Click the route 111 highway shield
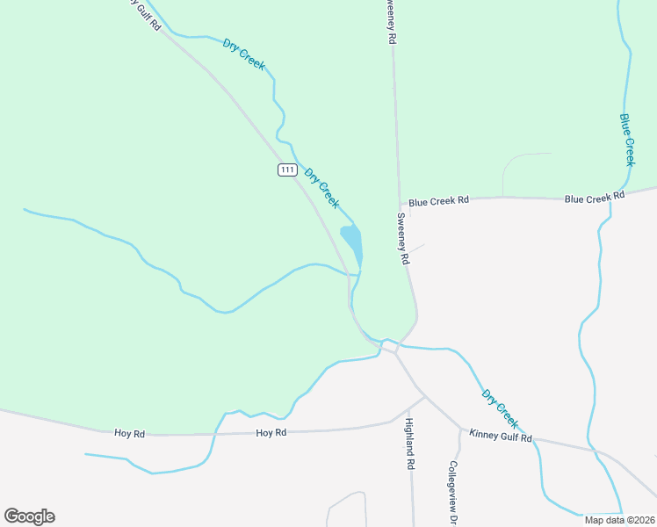point(287,170)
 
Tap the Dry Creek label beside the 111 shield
point(321,187)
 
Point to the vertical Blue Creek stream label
point(627,139)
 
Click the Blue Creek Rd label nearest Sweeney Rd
point(439,201)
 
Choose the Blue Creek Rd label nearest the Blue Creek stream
point(588,199)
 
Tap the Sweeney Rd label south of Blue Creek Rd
point(404,239)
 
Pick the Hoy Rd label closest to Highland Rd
point(271,433)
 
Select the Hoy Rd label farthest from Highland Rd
point(128,433)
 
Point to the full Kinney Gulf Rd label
point(501,436)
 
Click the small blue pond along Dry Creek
point(351,240)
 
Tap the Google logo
point(29,516)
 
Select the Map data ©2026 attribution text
point(618,520)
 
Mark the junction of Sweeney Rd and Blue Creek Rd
point(400,202)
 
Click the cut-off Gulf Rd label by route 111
point(144,13)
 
